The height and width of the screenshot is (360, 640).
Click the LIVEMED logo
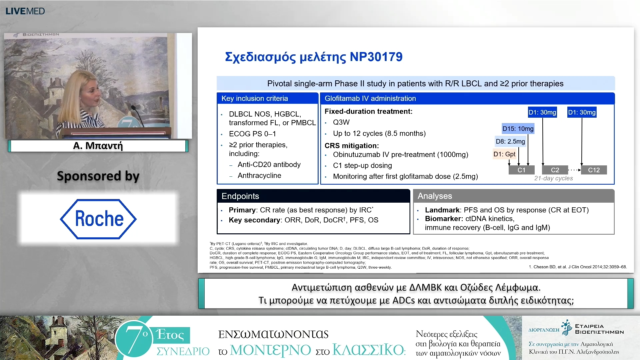25,11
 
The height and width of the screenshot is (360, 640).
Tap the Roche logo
98,219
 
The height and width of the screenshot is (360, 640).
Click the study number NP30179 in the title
376,57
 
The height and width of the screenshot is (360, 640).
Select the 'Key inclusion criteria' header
255,98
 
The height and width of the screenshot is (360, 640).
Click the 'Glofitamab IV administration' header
370,98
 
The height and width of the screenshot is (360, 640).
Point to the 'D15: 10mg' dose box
518,129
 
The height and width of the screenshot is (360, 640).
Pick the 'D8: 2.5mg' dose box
510,141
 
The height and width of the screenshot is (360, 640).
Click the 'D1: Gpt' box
504,154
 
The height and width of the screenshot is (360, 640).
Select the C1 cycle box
521,170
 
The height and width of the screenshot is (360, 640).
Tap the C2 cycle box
555,170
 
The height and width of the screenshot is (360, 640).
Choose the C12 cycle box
594,170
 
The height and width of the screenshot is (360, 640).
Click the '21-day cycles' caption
553,178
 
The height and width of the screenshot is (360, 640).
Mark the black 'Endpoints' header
240,196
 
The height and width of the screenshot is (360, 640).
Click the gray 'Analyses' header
435,196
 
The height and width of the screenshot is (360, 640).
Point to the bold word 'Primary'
242,210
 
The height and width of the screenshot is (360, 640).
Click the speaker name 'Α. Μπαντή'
98,146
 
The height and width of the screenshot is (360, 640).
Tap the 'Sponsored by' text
98,176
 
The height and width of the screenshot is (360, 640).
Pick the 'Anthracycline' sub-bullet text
259,175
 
